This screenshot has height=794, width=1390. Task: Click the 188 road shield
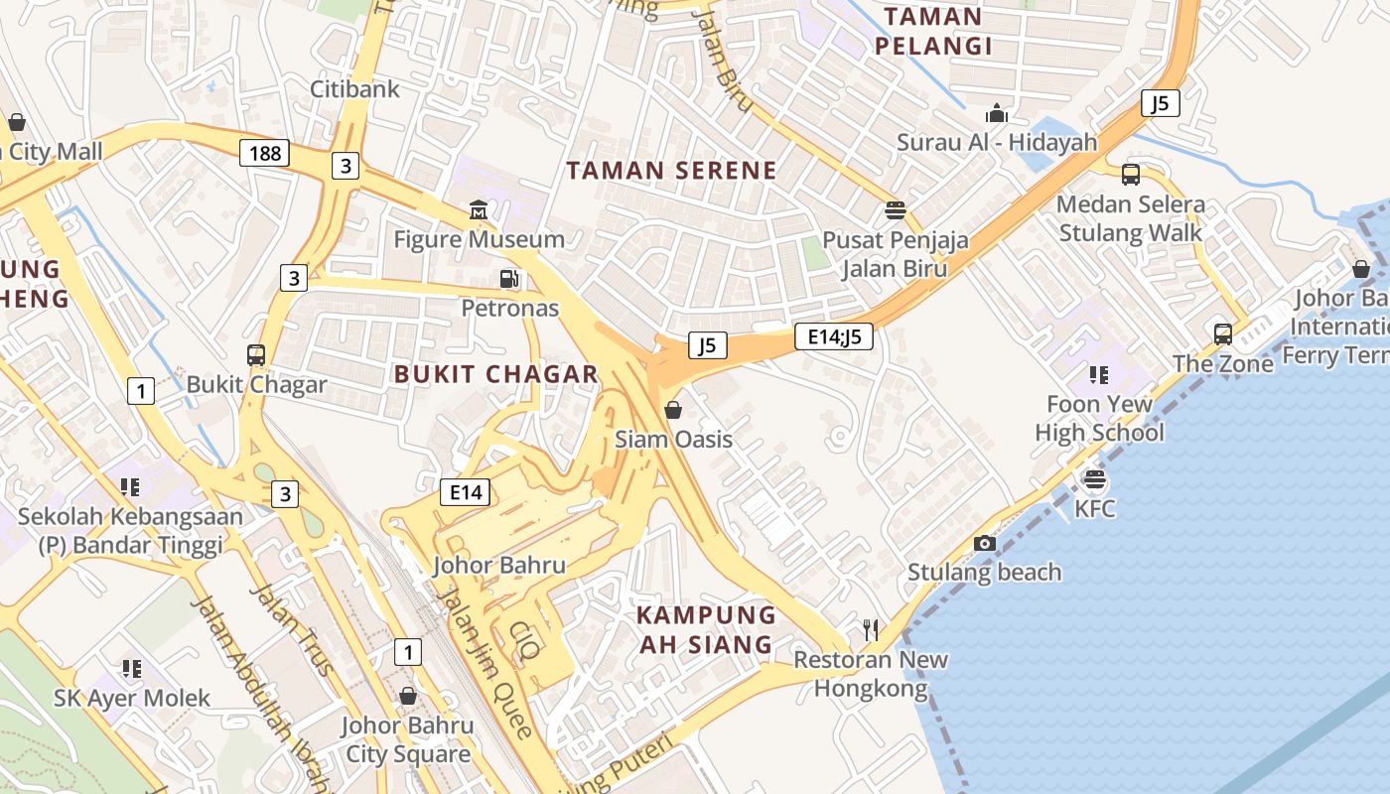(x=264, y=153)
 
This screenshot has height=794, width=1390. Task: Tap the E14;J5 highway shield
(x=834, y=336)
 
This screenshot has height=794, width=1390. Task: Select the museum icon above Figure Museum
(x=479, y=210)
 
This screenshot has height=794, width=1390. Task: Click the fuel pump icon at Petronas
(x=509, y=280)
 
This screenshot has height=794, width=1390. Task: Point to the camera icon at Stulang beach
(x=985, y=543)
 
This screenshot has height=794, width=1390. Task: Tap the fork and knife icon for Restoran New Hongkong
(x=871, y=630)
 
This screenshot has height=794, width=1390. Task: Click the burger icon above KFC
(x=1095, y=480)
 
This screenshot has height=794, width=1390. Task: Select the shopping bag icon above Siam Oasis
(x=673, y=410)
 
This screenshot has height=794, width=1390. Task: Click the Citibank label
(x=354, y=88)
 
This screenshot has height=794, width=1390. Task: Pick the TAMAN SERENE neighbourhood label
(x=671, y=170)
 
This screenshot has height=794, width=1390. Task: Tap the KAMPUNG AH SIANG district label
(x=705, y=629)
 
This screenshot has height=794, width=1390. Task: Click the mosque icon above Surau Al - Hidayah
(x=997, y=113)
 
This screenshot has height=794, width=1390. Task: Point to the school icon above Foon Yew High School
(x=1098, y=375)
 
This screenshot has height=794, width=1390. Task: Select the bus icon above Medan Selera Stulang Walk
(x=1130, y=175)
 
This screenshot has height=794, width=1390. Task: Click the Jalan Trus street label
(x=290, y=631)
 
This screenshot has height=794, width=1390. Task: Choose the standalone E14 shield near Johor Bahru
(x=465, y=491)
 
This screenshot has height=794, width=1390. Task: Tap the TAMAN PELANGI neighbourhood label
(x=933, y=31)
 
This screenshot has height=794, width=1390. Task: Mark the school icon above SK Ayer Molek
(x=131, y=669)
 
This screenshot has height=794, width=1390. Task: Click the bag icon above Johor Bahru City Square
(x=407, y=696)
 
